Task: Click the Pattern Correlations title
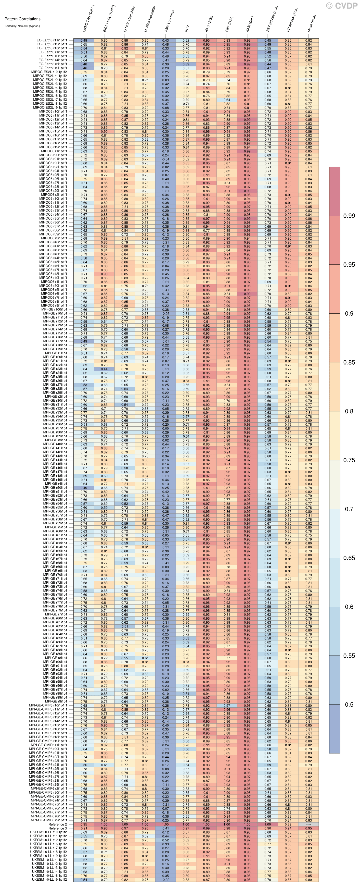coord(22,19)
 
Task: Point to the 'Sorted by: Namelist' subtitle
coord(22,26)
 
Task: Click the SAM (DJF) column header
coord(250,24)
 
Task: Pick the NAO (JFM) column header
coord(209,24)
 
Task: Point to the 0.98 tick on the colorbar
coord(349,216)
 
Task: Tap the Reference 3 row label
coord(58,828)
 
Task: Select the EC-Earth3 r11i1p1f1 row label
coord(52,40)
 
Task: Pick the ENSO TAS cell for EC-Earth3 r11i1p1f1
coord(84,40)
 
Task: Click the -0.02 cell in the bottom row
coord(165,880)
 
